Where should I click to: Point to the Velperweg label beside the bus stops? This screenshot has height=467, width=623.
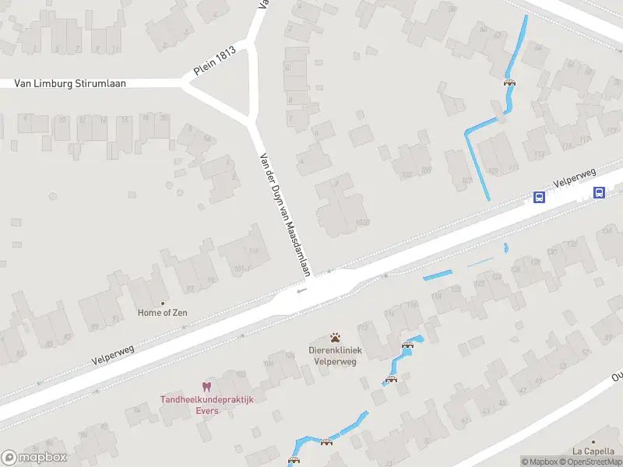click(575, 178)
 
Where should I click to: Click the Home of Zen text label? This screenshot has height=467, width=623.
click(162, 313)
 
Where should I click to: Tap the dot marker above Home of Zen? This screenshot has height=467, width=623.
click(163, 303)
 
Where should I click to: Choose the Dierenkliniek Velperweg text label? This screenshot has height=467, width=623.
click(335, 356)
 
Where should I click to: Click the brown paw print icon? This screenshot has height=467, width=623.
click(335, 338)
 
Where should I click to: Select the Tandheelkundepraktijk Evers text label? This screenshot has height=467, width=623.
click(207, 405)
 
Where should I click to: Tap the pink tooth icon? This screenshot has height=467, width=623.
click(206, 386)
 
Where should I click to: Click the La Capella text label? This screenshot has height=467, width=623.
click(592, 451)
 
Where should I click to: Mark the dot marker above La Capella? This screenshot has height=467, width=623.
click(593, 441)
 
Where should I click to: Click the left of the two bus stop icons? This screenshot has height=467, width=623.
click(539, 197)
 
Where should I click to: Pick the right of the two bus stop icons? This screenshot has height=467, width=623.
click(599, 192)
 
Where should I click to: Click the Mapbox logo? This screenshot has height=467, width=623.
click(33, 458)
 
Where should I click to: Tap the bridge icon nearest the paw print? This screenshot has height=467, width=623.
click(407, 344)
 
